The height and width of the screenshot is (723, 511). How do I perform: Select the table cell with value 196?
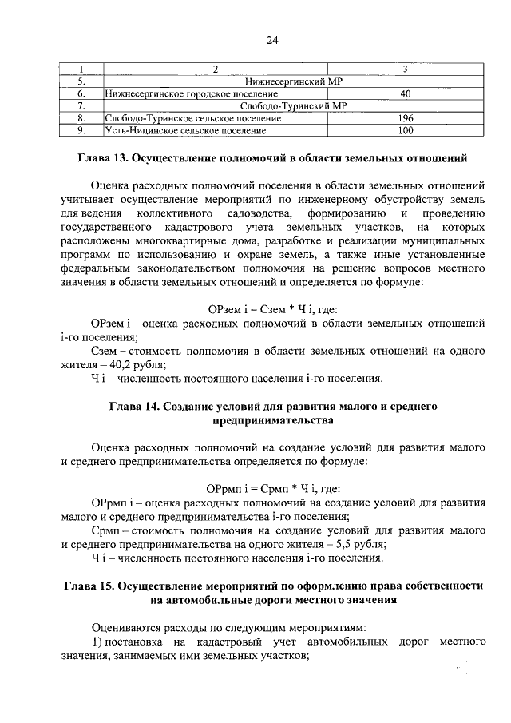click(x=406, y=118)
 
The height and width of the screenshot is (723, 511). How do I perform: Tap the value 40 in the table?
click(x=406, y=94)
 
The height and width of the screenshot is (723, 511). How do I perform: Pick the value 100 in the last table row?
click(x=406, y=130)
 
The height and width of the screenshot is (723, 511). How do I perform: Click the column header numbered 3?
click(x=406, y=70)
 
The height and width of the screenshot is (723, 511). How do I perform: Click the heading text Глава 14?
click(x=134, y=407)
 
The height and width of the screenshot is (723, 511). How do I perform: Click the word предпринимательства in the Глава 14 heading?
click(x=271, y=420)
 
